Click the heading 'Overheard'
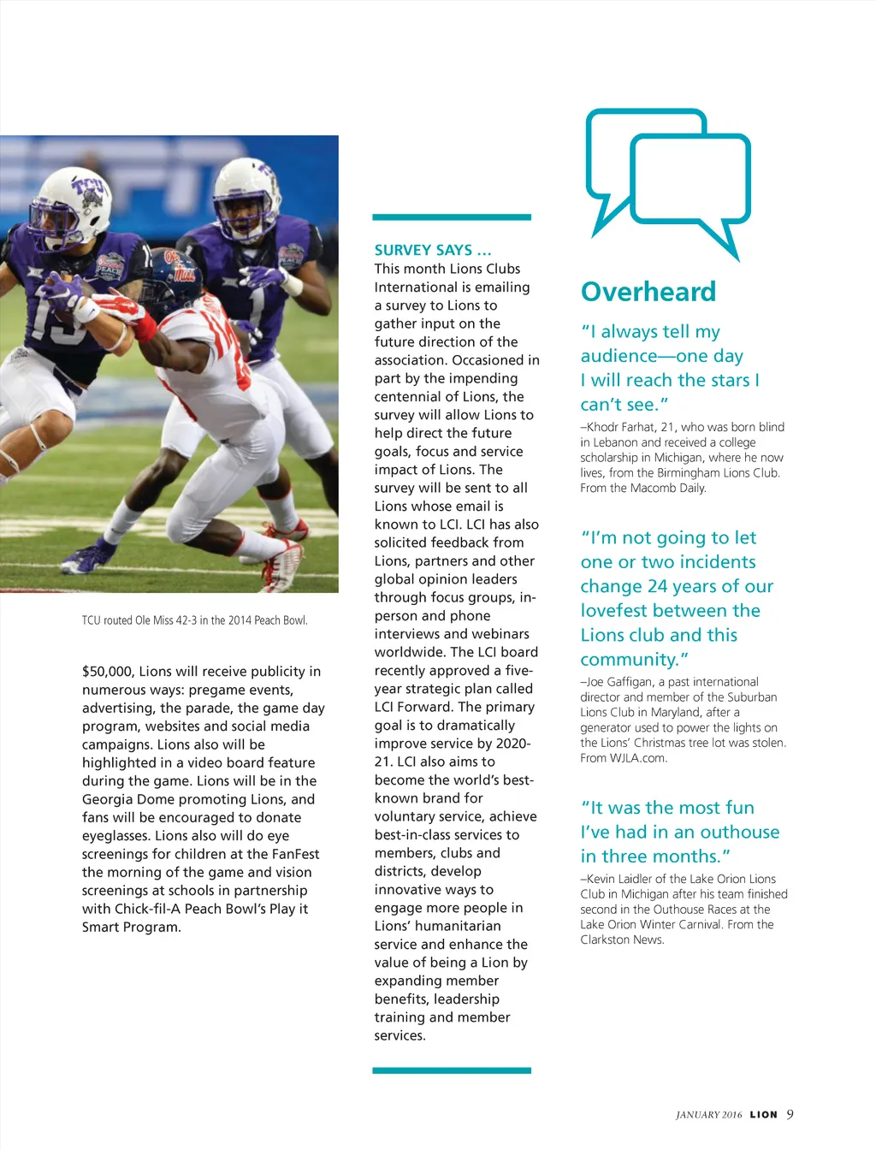pos(648,292)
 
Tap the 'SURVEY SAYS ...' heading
pos(433,250)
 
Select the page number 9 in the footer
pos(790,1114)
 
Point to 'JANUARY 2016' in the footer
pos(708,1115)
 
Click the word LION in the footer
pos(763,1115)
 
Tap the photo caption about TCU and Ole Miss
pos(194,620)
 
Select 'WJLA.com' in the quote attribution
pos(638,758)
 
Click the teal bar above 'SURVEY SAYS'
pos(452,217)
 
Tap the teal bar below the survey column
pos(452,1070)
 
